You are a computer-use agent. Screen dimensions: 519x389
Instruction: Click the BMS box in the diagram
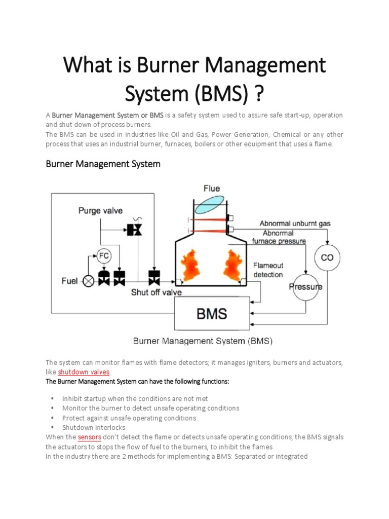(x=212, y=314)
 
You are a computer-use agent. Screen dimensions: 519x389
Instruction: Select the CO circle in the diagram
(x=327, y=257)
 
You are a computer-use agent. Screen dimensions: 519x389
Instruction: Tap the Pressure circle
(x=305, y=287)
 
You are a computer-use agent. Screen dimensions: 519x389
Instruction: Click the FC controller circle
(x=103, y=256)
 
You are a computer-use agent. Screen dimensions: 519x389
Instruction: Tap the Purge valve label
(x=100, y=210)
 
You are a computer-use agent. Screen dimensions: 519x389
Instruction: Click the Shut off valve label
(x=157, y=292)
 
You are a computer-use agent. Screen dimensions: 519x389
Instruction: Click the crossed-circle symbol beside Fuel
(x=89, y=280)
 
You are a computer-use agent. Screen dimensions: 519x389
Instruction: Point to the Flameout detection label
(x=268, y=270)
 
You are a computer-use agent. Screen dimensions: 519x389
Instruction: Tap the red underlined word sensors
(x=91, y=437)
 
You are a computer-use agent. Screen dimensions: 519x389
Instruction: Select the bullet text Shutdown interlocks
(x=92, y=428)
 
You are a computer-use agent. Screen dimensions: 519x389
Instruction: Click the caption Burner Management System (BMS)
(x=203, y=341)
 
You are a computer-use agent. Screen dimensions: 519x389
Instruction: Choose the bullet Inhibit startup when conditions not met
(x=135, y=399)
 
